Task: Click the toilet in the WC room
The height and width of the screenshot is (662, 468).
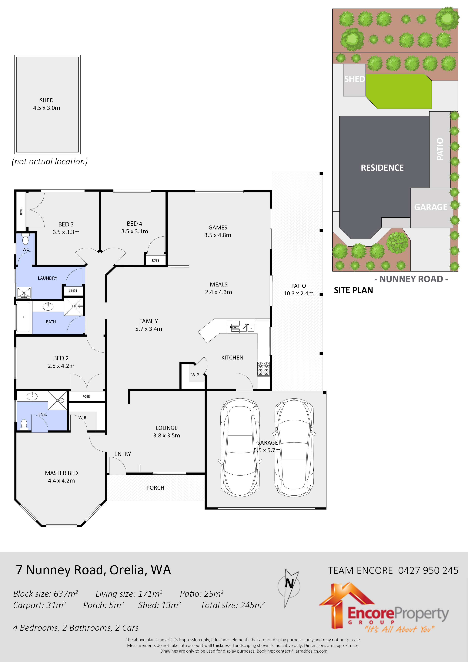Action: tap(25, 239)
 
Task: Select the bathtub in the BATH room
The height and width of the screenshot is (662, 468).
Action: tap(23, 317)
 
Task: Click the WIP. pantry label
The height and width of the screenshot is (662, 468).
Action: tap(195, 375)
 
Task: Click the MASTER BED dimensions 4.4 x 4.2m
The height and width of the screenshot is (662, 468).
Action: tap(61, 480)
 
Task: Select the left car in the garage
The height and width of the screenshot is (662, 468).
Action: tap(240, 448)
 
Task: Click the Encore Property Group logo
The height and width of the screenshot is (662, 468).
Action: tap(383, 608)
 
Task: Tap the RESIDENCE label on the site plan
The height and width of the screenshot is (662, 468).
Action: tap(382, 168)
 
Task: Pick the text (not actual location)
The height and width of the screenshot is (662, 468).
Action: tap(50, 162)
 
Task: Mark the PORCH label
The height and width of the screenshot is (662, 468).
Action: tap(155, 488)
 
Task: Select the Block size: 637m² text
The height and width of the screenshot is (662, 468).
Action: tap(45, 594)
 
